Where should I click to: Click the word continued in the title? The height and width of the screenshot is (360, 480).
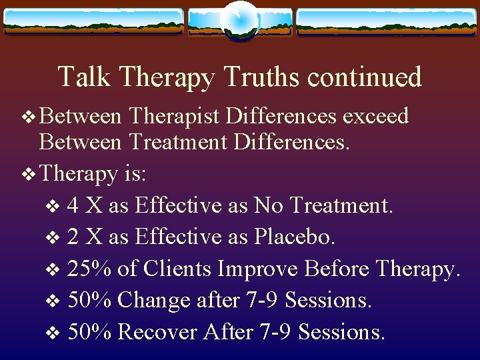[x=365, y=77]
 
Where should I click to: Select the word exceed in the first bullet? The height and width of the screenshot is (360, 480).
[x=375, y=116]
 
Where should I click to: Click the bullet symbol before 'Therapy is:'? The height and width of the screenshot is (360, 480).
[x=29, y=175]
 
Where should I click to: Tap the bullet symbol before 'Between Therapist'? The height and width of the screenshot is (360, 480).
[x=29, y=117]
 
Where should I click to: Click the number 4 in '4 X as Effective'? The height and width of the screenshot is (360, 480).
[x=74, y=205]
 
